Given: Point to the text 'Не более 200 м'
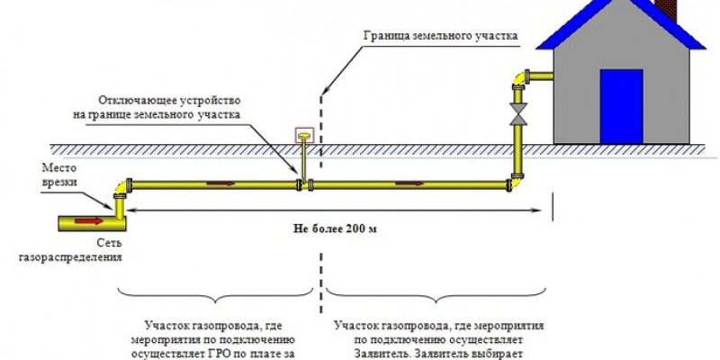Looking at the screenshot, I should click(x=335, y=229).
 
